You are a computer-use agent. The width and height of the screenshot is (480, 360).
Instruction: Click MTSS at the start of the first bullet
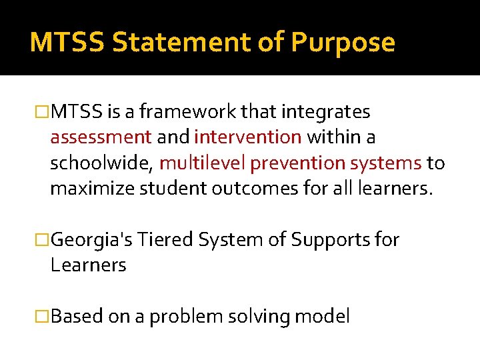coord(75,111)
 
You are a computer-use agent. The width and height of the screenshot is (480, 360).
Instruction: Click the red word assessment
coord(101,137)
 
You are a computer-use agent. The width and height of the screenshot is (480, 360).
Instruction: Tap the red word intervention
coord(248,137)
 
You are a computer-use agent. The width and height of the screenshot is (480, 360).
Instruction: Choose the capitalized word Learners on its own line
coord(88,265)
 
